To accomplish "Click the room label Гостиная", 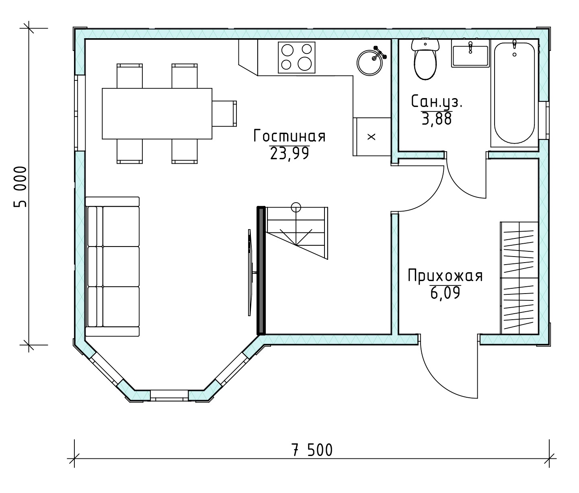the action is [x=289, y=136].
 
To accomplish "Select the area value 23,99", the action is [x=289, y=153].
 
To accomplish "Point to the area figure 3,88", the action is [x=437, y=119].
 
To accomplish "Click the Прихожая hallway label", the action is [x=445, y=276].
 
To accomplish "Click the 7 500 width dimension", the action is [x=312, y=450].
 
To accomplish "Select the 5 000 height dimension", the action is [x=20, y=187].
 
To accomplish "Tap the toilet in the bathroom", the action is [x=425, y=60].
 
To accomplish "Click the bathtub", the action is [x=514, y=93].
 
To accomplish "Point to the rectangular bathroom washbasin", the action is [x=470, y=53].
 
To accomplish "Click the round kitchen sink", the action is [x=370, y=62].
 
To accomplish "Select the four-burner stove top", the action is [x=297, y=58].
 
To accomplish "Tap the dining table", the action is [x=157, y=114].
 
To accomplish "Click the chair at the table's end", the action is [x=224, y=113].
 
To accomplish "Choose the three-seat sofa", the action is [x=112, y=266].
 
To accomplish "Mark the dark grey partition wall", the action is [x=261, y=270].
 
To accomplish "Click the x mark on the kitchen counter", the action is [x=372, y=137].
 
